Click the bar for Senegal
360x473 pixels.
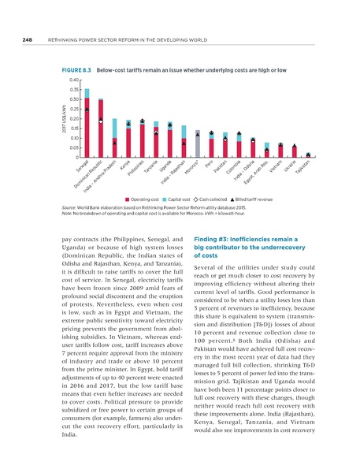(87, 126)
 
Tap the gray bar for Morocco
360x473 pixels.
(198, 144)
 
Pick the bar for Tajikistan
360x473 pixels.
(309, 155)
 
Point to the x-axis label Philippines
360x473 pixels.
(136, 172)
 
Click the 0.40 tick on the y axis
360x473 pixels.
(73, 80)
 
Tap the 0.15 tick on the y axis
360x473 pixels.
(73, 128)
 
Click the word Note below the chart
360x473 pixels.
(66, 215)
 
